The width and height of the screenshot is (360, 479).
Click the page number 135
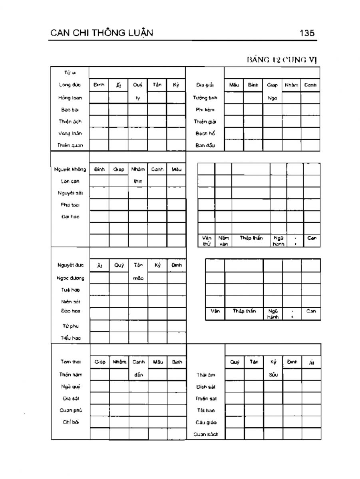[307, 33]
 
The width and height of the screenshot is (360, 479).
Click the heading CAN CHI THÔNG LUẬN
[102, 33]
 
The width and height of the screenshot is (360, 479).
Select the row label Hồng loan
[70, 97]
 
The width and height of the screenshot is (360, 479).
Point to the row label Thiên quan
[70, 145]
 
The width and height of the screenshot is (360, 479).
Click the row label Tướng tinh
[205, 97]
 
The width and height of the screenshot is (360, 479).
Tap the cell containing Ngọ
[272, 98]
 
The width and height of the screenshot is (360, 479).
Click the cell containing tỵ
[137, 98]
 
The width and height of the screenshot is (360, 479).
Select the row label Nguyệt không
[70, 169]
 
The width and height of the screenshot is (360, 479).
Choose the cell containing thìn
[137, 181]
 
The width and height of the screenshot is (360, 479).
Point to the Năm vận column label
[223, 241]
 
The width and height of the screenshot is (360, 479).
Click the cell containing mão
[138, 278]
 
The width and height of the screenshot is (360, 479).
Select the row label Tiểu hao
[70, 338]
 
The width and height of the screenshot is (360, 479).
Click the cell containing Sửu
[273, 375]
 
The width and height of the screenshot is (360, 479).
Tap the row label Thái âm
[206, 375]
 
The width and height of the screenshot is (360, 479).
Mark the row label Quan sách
[206, 434]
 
